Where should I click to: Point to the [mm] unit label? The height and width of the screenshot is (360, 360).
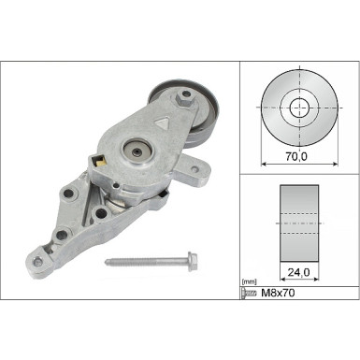point(249,281)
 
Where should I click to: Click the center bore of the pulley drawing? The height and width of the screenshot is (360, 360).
point(297,106)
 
